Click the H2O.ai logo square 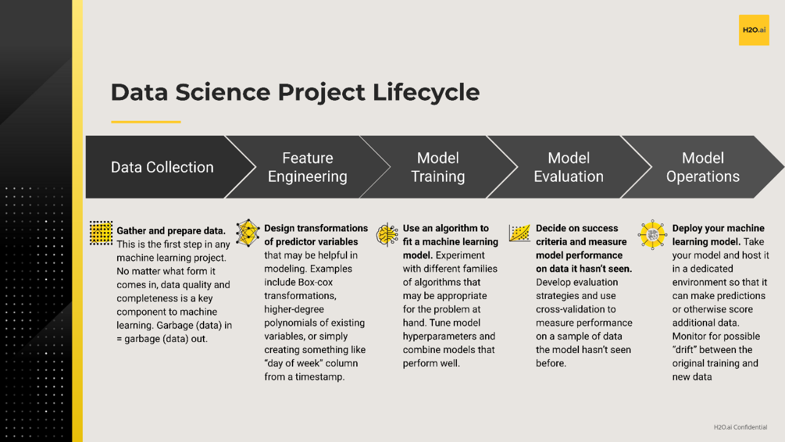(x=754, y=30)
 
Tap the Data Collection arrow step (x=162, y=167)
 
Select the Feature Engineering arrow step (x=307, y=167)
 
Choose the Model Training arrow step (x=438, y=167)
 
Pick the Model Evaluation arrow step (x=569, y=167)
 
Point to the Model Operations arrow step (x=703, y=167)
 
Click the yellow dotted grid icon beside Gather (x=101, y=233)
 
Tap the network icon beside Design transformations (x=248, y=233)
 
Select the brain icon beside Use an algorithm (x=388, y=235)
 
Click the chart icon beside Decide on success (x=519, y=233)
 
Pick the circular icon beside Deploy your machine (x=651, y=234)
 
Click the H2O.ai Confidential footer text (x=740, y=427)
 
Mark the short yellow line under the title (x=146, y=122)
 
